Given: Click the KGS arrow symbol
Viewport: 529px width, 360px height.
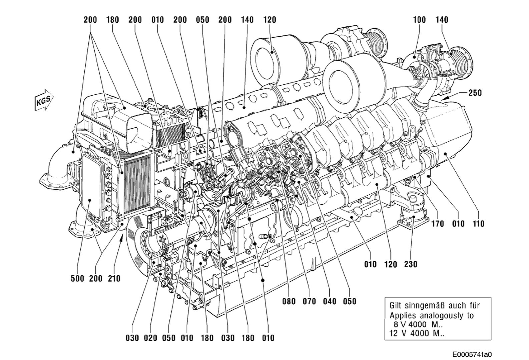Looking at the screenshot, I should [44, 99].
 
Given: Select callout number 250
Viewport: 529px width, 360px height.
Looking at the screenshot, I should [475, 92].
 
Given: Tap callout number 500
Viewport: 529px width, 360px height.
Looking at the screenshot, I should [77, 278].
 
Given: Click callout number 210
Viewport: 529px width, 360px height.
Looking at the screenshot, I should [114, 278].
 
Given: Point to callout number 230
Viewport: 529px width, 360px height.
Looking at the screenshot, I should [411, 264].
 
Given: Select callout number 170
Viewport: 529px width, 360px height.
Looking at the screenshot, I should [437, 224].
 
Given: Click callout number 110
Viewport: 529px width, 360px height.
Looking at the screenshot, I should [478, 224].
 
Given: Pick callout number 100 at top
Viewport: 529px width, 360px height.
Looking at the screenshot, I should [419, 20].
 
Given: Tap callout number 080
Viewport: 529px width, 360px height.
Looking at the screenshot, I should [289, 301].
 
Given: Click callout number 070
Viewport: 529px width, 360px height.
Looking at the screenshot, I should [309, 301].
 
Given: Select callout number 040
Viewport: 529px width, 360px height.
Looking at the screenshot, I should [330, 301].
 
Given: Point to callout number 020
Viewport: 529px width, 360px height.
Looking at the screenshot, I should [150, 338].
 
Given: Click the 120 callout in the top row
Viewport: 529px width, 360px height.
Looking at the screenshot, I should [270, 20].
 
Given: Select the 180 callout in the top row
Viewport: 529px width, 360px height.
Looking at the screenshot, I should [112, 20].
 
